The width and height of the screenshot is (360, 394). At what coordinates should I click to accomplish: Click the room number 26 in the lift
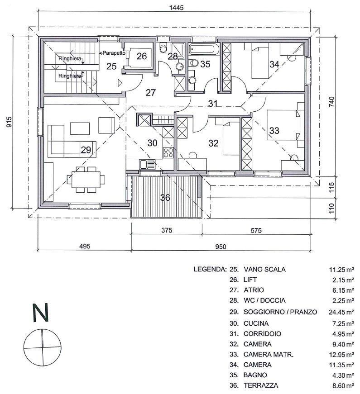[x=142, y=56]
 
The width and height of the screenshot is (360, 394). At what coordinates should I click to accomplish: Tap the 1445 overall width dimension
[x=176, y=8]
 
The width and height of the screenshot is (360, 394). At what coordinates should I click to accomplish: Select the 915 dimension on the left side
[x=9, y=122]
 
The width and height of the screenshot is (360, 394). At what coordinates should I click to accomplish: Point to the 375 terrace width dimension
[x=167, y=230]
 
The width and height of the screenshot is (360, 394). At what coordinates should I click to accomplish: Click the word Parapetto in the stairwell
[x=114, y=53]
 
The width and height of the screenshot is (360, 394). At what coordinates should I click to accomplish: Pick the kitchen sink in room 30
[x=147, y=164]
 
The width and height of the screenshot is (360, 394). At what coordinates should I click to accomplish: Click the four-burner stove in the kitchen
[x=168, y=153]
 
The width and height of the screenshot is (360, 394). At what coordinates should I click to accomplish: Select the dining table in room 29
[x=86, y=179]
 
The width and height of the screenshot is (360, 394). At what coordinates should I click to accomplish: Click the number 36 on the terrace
[x=165, y=198]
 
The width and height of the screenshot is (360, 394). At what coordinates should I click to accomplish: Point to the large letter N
[x=40, y=313]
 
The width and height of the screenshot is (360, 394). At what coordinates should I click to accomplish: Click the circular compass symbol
[x=42, y=347]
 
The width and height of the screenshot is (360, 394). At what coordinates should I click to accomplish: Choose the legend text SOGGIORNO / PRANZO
[x=280, y=312]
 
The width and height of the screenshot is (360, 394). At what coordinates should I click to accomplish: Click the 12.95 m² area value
[x=341, y=355]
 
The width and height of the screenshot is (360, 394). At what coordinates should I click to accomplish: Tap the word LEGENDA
[x=210, y=269]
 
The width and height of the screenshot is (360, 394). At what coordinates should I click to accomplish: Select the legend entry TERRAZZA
[x=261, y=385]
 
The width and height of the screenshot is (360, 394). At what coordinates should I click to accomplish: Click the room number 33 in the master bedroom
[x=274, y=131]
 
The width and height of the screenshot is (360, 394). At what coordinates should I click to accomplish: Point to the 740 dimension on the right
[x=332, y=102]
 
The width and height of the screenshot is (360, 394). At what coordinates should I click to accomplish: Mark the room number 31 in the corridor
[x=213, y=103]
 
